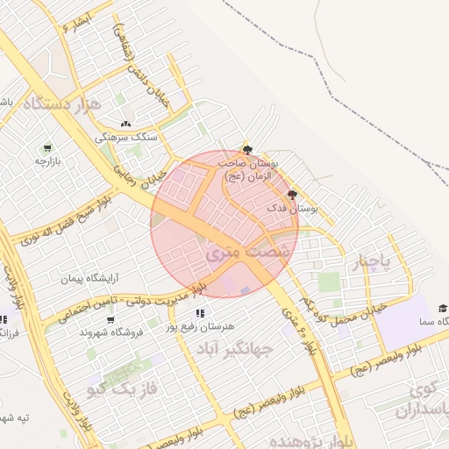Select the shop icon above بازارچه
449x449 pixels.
pos(46,147)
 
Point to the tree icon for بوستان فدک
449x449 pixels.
pos(292,195)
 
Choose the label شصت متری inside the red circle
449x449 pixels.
pos(238,251)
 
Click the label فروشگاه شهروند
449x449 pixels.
pos(104,333)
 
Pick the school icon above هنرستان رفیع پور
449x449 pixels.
pos(201,313)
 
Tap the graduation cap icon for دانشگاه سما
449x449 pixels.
pos(443,308)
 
